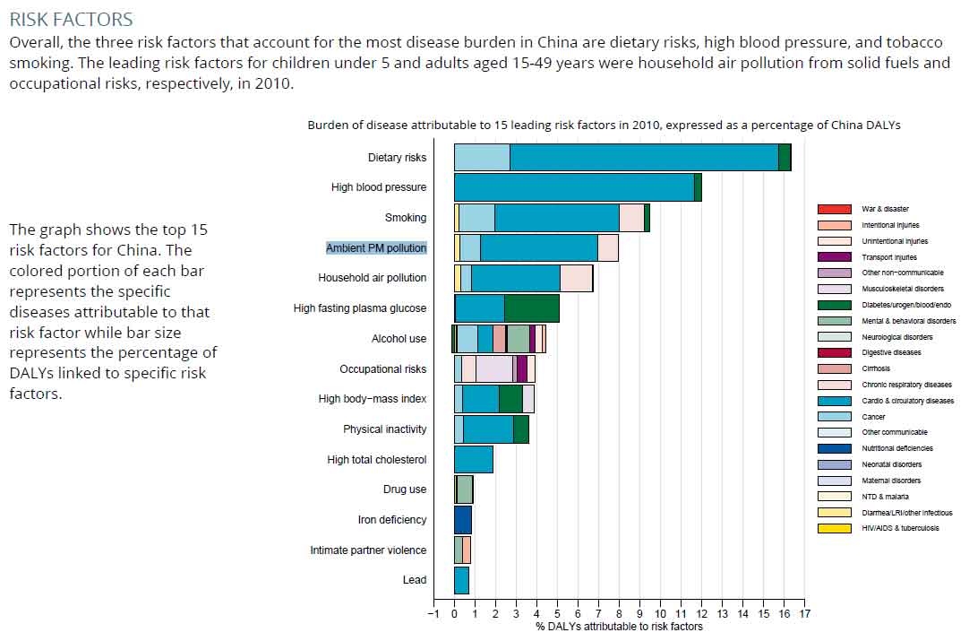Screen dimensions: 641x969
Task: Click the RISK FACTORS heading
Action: pos(71,19)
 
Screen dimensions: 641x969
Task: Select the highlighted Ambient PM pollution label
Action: pos(376,247)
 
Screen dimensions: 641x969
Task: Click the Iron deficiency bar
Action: pos(462,520)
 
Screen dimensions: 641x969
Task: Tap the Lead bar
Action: pos(461,580)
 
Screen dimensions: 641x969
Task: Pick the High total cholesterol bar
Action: pos(473,459)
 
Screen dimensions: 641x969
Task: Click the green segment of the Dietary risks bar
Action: pos(785,157)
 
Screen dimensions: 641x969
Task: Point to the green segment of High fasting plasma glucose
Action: pos(532,308)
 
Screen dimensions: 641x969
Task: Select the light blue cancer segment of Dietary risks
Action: pos(482,157)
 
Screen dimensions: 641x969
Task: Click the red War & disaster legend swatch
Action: pos(834,209)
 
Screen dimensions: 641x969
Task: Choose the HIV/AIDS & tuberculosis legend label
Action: pos(900,528)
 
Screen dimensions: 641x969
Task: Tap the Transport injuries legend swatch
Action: pos(834,257)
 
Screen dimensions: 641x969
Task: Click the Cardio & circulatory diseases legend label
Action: pos(907,401)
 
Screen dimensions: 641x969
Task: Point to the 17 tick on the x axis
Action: pos(804,614)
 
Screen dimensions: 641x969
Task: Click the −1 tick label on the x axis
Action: pos(433,614)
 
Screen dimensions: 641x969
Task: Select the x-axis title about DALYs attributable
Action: pos(619,627)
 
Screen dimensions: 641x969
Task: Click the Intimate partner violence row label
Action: pos(368,550)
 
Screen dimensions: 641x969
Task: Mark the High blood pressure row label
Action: pos(378,187)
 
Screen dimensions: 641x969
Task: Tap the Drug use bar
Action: pos(464,489)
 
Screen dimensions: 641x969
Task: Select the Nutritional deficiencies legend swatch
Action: pos(834,448)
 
